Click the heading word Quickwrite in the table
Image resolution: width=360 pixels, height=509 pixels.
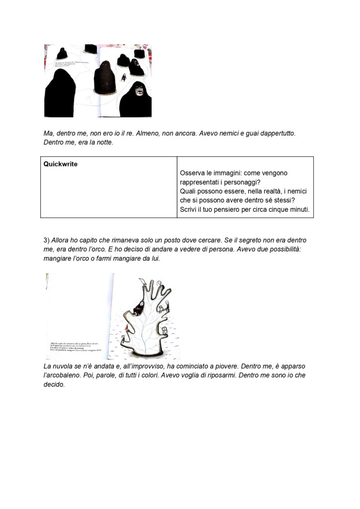(x=60, y=163)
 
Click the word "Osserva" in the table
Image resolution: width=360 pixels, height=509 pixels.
(x=195, y=173)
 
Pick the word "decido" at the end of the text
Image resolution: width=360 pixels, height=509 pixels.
(x=54, y=385)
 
